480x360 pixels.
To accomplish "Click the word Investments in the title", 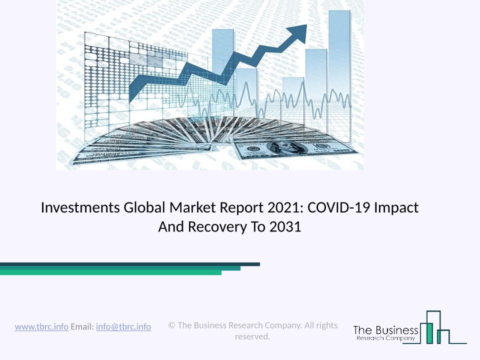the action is point(80,207).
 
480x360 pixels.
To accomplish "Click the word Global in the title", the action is point(144,207).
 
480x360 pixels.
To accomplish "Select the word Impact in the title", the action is point(396,207).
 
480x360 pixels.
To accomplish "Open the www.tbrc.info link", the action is point(41,327).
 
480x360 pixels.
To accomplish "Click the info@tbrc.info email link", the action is point(123,327).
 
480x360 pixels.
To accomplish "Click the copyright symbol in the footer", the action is point(171,325).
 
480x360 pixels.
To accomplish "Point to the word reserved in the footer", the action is point(252,336).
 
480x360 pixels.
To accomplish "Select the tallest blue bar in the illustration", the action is point(339,76).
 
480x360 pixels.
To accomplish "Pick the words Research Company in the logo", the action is point(385,338).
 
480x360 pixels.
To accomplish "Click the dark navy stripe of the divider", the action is point(130,264).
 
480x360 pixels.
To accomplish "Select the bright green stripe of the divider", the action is point(110,272).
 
